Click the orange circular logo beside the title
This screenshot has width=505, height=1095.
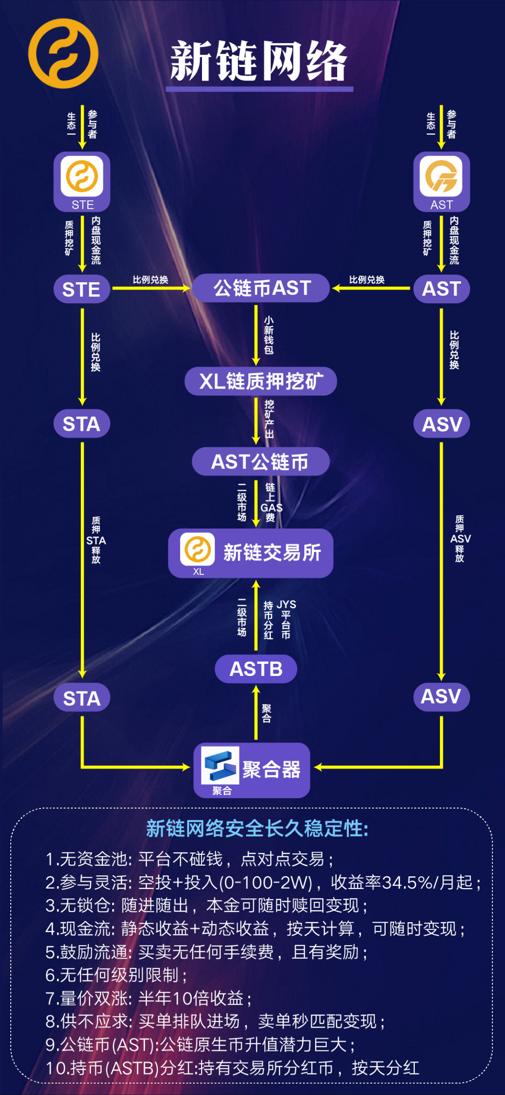click(x=63, y=53)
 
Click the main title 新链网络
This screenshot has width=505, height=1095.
click(x=259, y=61)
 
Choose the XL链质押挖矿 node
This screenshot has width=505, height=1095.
click(x=261, y=381)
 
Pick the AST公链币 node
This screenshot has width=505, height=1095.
click(x=260, y=462)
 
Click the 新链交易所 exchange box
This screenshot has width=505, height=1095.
click(x=251, y=553)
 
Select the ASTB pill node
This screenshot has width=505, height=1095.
click(x=256, y=669)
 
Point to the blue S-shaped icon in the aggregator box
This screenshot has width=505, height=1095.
click(x=220, y=765)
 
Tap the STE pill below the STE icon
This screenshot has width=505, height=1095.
click(x=82, y=289)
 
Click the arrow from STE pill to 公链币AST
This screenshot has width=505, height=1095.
click(x=151, y=288)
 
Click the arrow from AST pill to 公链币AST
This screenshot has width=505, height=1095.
click(x=372, y=288)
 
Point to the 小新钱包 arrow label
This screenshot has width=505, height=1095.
click(x=269, y=335)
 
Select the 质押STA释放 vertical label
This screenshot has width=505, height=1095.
click(x=96, y=540)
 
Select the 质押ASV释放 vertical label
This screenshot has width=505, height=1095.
click(x=460, y=538)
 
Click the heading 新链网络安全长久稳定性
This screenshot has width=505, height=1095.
click(x=257, y=829)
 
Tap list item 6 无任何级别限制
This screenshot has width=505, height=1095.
click(x=117, y=975)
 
